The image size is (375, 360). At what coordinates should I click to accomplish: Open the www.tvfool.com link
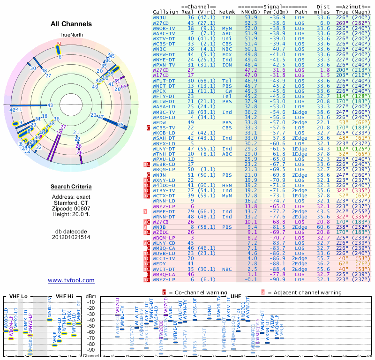(71, 280)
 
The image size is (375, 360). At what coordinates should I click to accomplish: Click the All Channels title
(71, 24)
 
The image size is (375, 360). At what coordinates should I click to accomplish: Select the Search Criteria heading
(71, 187)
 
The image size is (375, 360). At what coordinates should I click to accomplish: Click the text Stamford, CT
(71, 205)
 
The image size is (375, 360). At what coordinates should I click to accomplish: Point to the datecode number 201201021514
(71, 237)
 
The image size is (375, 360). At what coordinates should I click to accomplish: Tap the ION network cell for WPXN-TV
(227, 64)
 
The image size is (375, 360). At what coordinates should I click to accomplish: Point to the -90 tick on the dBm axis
(91, 350)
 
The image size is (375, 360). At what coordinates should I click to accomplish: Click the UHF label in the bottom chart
(236, 296)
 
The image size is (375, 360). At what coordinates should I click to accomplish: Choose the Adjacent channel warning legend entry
(305, 292)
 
